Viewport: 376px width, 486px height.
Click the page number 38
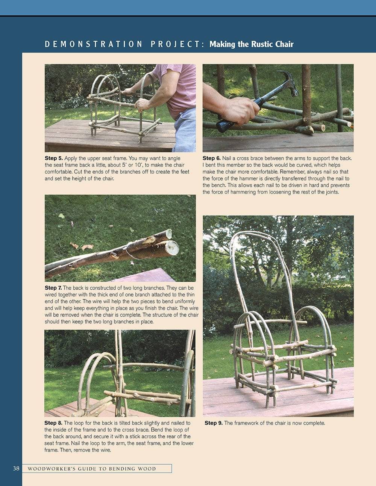click(x=16, y=468)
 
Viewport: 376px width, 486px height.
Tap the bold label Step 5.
click(x=53, y=158)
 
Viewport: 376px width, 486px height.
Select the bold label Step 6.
click(x=211, y=158)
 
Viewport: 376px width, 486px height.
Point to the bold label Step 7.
click(x=53, y=288)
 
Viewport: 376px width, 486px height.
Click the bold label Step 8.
click(x=53, y=423)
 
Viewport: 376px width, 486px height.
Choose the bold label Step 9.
click(x=213, y=423)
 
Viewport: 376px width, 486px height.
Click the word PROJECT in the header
click(x=177, y=44)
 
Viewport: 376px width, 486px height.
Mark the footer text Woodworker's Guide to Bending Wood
click(x=92, y=469)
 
